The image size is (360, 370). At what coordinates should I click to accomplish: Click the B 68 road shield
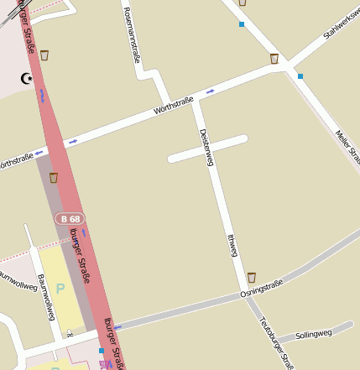[x=70, y=219]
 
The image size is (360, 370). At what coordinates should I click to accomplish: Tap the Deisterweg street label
[x=206, y=148]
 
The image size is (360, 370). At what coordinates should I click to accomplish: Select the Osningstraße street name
[x=261, y=289]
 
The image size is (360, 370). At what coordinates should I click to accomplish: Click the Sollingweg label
[x=314, y=334]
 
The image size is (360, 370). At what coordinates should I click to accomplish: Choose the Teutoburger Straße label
[x=276, y=341]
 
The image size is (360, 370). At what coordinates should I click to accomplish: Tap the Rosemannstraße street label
[x=133, y=35]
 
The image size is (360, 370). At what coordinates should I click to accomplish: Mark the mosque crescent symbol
[x=27, y=78]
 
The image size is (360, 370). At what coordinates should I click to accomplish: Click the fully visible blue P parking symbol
[x=60, y=289]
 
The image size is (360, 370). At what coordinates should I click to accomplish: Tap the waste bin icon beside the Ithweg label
[x=251, y=277]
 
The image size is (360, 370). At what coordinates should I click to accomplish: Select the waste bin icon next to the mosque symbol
[x=44, y=55]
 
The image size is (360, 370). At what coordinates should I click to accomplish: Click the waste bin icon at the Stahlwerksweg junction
[x=274, y=59]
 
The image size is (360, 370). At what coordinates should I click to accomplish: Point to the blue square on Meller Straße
[x=300, y=76]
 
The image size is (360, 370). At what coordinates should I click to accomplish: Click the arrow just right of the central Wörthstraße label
[x=209, y=91]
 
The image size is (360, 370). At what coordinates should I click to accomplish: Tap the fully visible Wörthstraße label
[x=174, y=106]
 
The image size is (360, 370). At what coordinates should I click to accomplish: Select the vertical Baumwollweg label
[x=45, y=297]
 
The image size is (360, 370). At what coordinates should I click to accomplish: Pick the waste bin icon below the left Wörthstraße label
[x=54, y=177]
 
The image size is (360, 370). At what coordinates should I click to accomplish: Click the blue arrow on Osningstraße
[x=117, y=326]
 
